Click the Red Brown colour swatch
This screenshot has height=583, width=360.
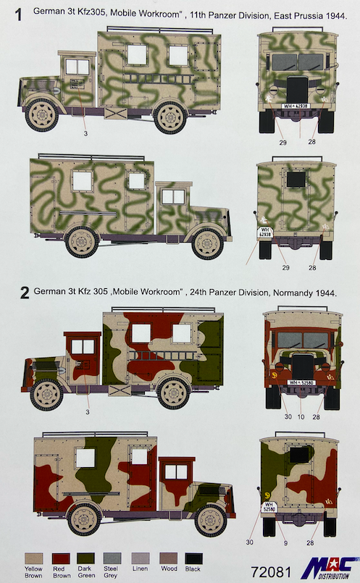pyautogui.click(x=61, y=558)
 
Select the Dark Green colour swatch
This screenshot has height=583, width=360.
pyautogui.click(x=85, y=558)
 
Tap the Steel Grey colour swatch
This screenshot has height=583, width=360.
pyautogui.click(x=112, y=558)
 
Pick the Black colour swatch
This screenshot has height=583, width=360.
pyautogui.click(x=193, y=558)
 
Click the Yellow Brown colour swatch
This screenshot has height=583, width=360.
pyautogui.click(x=34, y=558)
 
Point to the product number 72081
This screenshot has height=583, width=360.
pyautogui.click(x=271, y=572)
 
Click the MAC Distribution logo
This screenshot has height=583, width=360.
pyautogui.click(x=329, y=568)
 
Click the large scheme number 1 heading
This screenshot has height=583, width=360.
pyautogui.click(x=18, y=15)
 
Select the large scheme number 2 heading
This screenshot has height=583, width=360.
pyautogui.click(x=24, y=293)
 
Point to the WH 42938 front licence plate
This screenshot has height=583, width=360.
pyautogui.click(x=296, y=106)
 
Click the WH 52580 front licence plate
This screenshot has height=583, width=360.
pyautogui.click(x=301, y=382)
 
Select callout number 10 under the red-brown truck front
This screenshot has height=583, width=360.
pyautogui.click(x=301, y=417)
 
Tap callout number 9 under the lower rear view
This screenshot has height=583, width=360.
pyautogui.click(x=285, y=543)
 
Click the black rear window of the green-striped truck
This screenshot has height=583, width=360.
pyautogui.click(x=296, y=179)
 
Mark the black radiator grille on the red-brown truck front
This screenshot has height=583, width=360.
pyautogui.click(x=303, y=366)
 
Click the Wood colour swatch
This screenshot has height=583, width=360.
pyautogui.click(x=169, y=558)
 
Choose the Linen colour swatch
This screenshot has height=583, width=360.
pyautogui.click(x=141, y=558)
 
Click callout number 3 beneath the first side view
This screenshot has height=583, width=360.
pyautogui.click(x=86, y=133)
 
